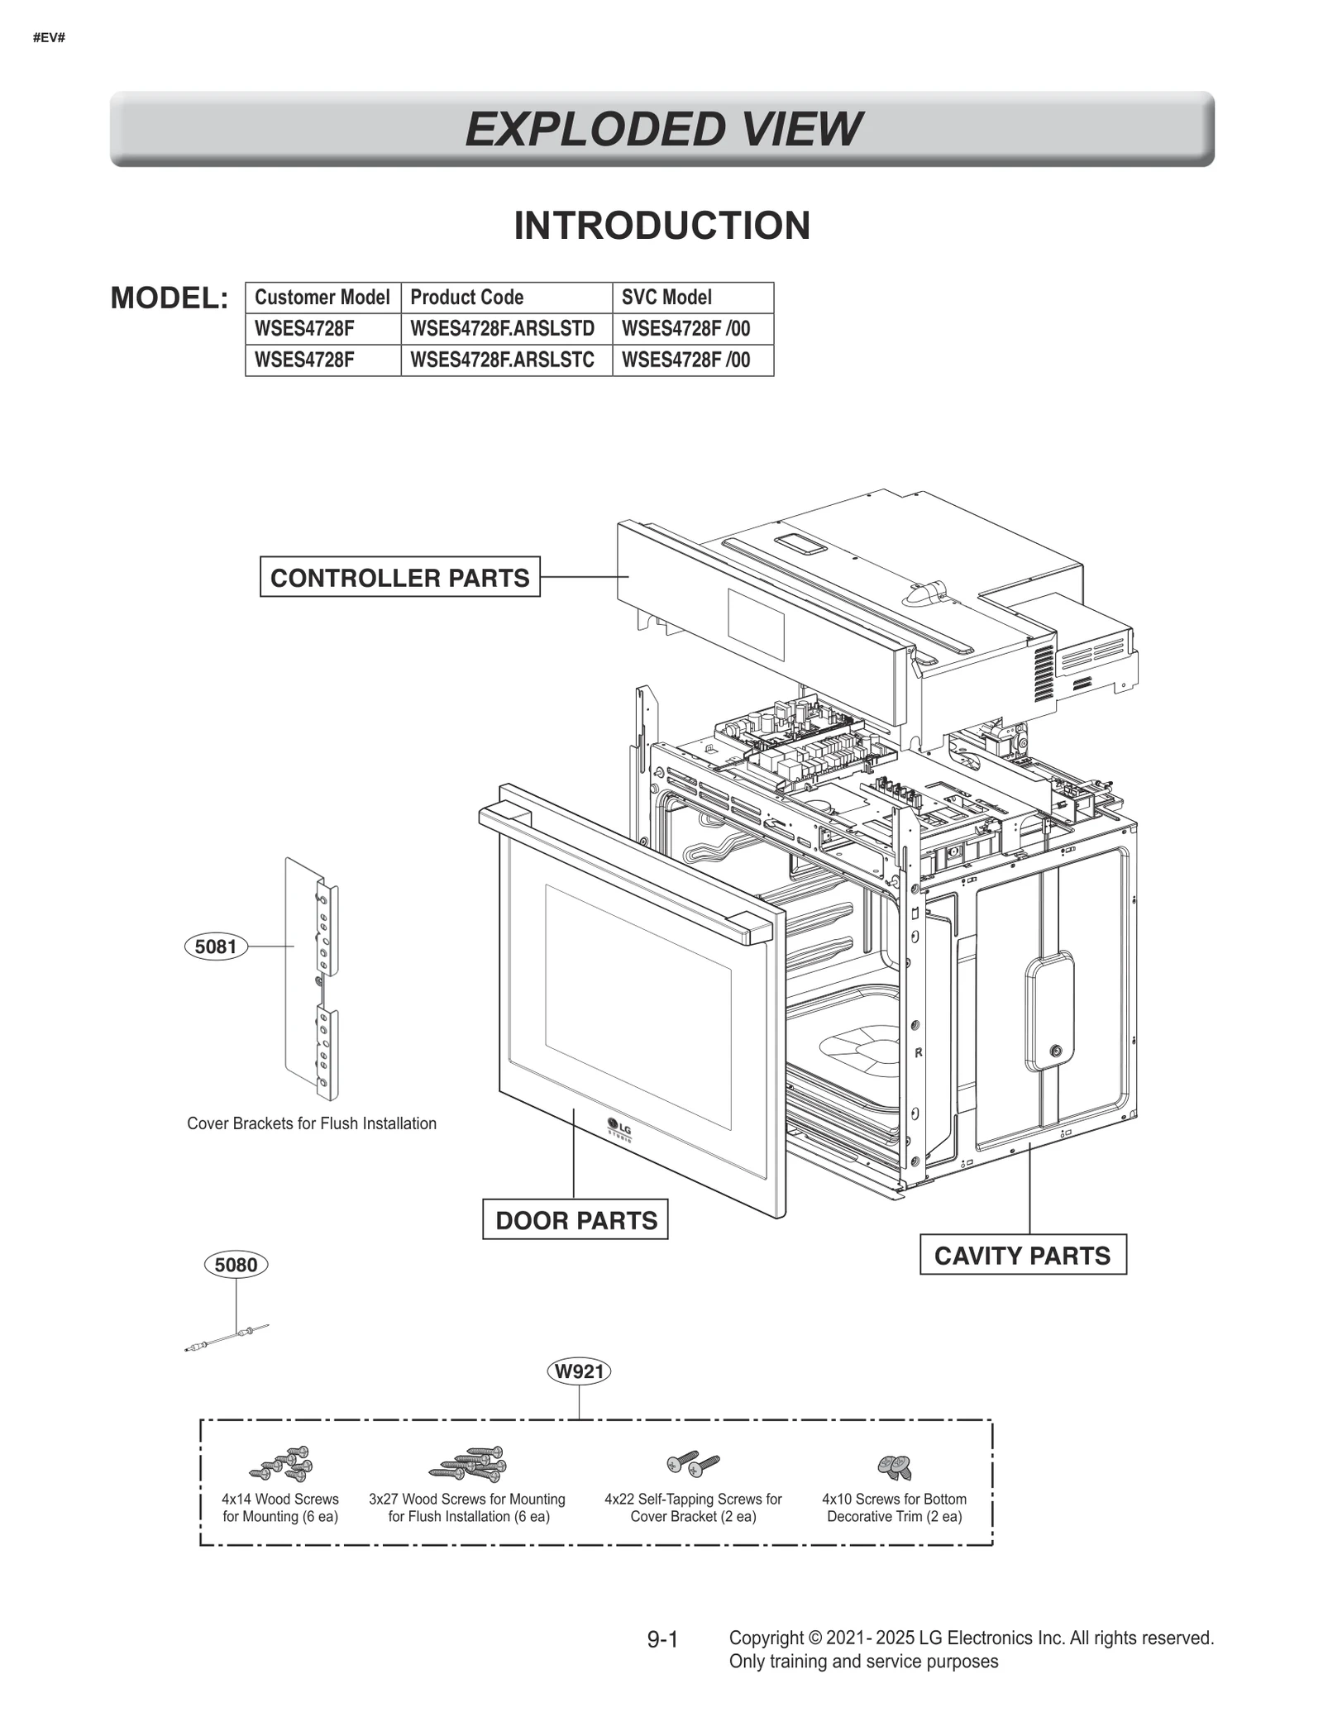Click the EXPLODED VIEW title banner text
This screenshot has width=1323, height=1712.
click(662, 130)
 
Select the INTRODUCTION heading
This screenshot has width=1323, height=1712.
click(661, 226)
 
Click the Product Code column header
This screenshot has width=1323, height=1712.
click(466, 298)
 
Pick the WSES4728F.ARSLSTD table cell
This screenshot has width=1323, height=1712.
click(502, 329)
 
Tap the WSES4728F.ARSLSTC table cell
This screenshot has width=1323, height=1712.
click(502, 360)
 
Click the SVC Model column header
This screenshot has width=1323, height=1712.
click(666, 298)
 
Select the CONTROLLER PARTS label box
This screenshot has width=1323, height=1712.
click(399, 577)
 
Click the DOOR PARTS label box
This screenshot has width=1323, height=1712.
click(576, 1220)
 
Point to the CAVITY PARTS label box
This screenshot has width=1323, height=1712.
click(1022, 1256)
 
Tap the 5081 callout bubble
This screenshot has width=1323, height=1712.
click(216, 947)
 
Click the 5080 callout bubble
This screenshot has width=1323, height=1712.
click(236, 1265)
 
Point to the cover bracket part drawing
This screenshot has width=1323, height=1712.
click(312, 980)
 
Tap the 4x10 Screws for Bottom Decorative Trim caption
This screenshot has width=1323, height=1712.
click(894, 1507)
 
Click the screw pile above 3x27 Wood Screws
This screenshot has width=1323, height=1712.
click(469, 1464)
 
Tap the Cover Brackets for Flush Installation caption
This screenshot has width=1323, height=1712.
click(312, 1123)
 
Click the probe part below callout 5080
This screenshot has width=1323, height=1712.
click(227, 1338)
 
